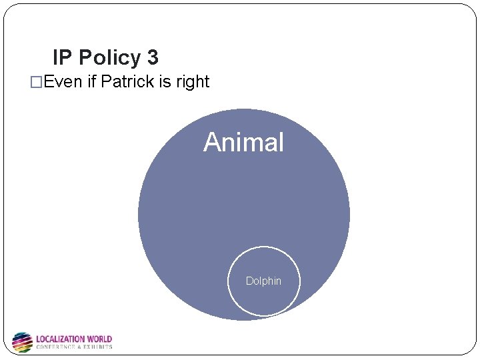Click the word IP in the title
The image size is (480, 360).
[63, 58]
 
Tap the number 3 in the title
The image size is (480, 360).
[153, 58]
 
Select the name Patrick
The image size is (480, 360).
[129, 82]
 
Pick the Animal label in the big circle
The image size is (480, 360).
[243, 142]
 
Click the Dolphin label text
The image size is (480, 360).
[263, 281]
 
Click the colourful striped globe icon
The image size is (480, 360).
[23, 342]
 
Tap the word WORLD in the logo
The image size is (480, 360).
[99, 339]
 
